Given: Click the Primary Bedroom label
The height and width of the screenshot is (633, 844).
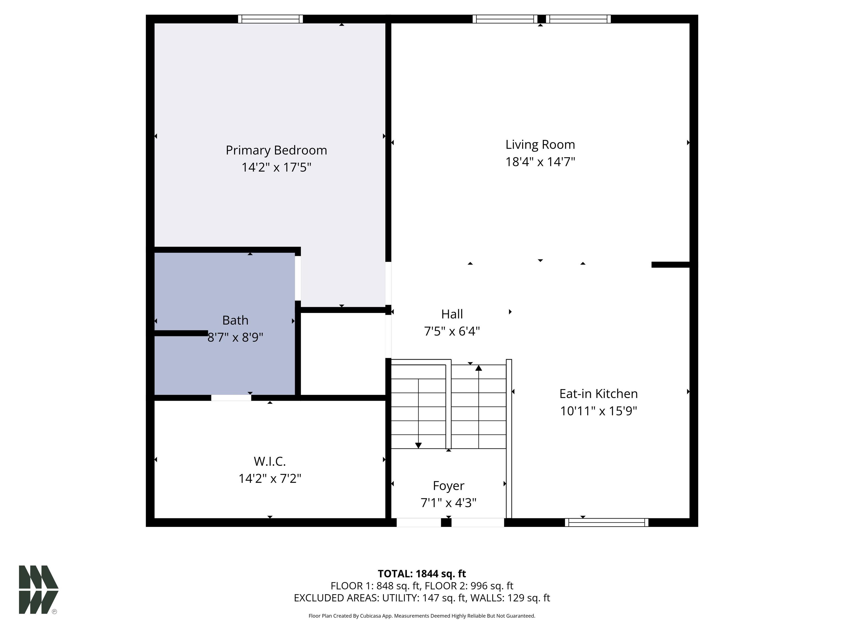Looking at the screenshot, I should click(x=276, y=150).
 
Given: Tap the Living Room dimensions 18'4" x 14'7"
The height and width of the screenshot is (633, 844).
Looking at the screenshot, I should click(x=540, y=162).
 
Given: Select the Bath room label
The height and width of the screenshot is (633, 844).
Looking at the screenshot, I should click(x=235, y=320).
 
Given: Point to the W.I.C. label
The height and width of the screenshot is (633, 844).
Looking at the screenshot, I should click(x=270, y=461).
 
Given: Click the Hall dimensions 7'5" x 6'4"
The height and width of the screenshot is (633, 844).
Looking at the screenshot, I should click(x=452, y=331).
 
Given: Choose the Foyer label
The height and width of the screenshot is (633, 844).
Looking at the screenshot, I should click(x=448, y=486).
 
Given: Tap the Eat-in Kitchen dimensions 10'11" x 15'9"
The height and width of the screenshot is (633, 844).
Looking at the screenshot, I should click(x=598, y=411).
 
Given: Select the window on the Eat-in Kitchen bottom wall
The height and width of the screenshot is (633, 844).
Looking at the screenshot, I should click(x=606, y=522).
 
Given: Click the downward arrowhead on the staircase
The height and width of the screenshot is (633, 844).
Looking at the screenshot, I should click(x=418, y=445).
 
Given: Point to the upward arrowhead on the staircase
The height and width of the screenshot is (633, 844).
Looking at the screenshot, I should click(x=479, y=368).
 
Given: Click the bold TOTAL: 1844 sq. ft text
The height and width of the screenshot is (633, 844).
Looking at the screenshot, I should click(x=422, y=574).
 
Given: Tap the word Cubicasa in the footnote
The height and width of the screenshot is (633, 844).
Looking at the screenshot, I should click(x=370, y=616).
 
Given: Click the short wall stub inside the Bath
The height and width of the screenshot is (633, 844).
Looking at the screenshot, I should click(x=181, y=333).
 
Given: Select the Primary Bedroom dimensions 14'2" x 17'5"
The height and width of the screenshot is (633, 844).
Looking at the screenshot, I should click(x=276, y=168).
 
